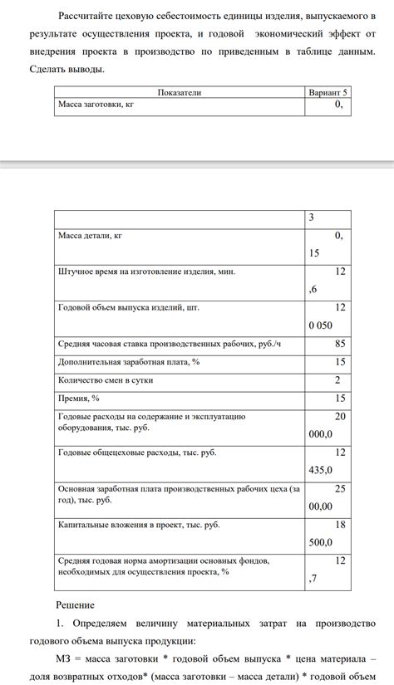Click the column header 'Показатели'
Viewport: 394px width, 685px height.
[179, 93]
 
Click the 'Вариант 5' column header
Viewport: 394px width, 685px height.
[328, 93]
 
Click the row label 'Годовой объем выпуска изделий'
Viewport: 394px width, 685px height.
[129, 307]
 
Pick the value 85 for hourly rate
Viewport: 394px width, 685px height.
[340, 343]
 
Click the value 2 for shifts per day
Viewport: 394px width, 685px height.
[337, 380]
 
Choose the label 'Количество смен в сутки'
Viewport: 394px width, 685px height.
[106, 380]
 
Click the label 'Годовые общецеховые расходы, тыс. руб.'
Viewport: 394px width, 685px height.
[137, 453]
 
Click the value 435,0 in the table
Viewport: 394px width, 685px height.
[320, 470]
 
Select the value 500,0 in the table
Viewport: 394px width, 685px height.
[320, 542]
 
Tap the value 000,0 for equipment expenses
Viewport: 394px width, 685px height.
[320, 433]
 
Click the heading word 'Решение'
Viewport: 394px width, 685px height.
[75, 605]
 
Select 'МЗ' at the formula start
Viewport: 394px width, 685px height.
[66, 658]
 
